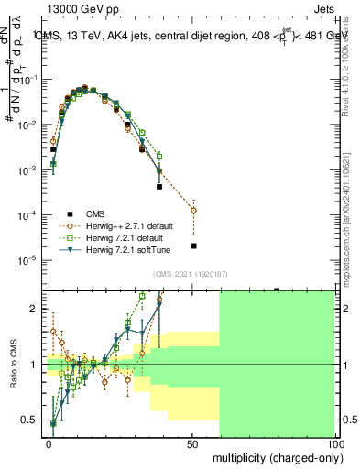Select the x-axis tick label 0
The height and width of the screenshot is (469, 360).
(x=49, y=443)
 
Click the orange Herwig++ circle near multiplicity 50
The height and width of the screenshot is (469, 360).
(x=193, y=210)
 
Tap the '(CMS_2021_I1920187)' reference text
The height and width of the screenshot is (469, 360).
(x=190, y=273)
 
